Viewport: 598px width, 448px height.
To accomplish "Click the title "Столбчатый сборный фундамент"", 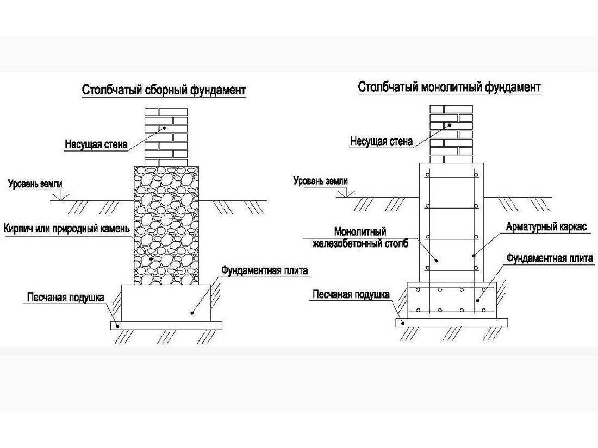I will pyautogui.click(x=164, y=90).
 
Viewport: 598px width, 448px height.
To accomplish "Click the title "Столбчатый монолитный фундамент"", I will pyautogui.click(x=450, y=87).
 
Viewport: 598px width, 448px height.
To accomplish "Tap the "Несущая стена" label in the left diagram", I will pyautogui.click(x=96, y=144).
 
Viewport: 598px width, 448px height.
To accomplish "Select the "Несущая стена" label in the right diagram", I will pyautogui.click(x=381, y=142).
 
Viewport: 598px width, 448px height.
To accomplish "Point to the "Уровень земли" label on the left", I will pyautogui.click(x=35, y=184).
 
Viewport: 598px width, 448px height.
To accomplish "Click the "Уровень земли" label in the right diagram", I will pyautogui.click(x=320, y=181).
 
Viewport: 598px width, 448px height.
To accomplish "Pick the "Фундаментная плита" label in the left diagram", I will pyautogui.click(x=265, y=270).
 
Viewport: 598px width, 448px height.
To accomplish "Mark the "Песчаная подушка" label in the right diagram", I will pyautogui.click(x=351, y=294).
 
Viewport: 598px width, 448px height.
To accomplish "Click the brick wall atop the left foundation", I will pyautogui.click(x=166, y=136).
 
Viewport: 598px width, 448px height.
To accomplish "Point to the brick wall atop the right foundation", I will pyautogui.click(x=451, y=134).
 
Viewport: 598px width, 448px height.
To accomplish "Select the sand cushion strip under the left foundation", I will pyautogui.click(x=166, y=325).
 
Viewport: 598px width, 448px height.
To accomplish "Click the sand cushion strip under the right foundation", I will pyautogui.click(x=452, y=322).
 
